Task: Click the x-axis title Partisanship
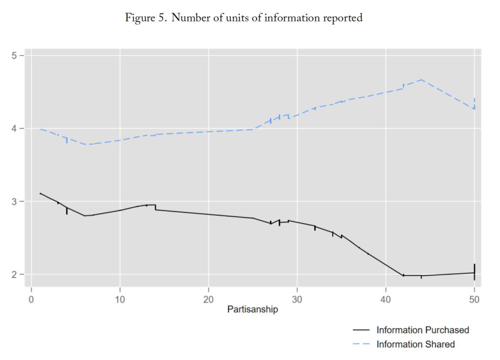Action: pyautogui.click(x=252, y=309)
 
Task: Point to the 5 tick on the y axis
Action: pyautogui.click(x=15, y=56)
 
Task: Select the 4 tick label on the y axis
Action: pyautogui.click(x=15, y=129)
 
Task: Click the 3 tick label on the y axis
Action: pyautogui.click(x=15, y=201)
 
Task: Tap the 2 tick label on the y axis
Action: pyautogui.click(x=15, y=275)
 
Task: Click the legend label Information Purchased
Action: pyautogui.click(x=422, y=330)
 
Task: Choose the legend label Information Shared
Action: pyautogui.click(x=415, y=344)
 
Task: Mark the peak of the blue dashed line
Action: pyautogui.click(x=421, y=80)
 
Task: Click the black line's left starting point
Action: pyautogui.click(x=40, y=193)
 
